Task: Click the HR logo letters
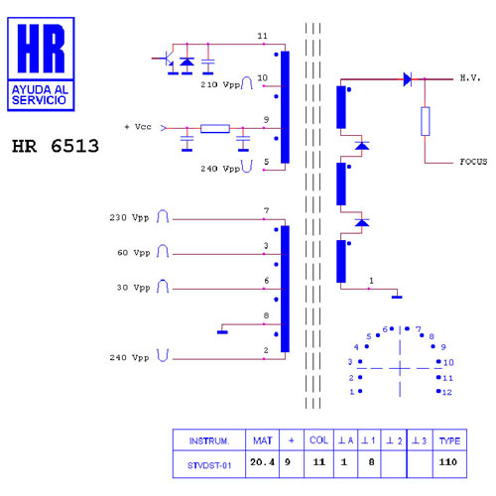(x=41, y=49)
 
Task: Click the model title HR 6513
(x=56, y=146)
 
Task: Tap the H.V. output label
(x=470, y=78)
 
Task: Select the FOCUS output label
(x=473, y=162)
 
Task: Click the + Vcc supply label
(x=138, y=127)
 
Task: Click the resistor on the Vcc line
(x=215, y=128)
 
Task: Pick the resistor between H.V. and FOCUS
(x=426, y=121)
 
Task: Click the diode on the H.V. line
(x=408, y=79)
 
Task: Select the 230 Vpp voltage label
(x=129, y=217)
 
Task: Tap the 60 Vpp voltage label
(x=134, y=253)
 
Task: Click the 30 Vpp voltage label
(x=133, y=288)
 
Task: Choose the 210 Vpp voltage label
(x=220, y=84)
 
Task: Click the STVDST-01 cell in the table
(x=209, y=465)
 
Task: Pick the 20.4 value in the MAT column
(x=262, y=462)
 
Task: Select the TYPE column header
(x=449, y=440)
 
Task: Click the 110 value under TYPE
(x=448, y=462)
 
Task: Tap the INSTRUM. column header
(x=209, y=441)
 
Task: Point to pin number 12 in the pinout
(x=447, y=393)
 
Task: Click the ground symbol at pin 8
(x=222, y=332)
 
